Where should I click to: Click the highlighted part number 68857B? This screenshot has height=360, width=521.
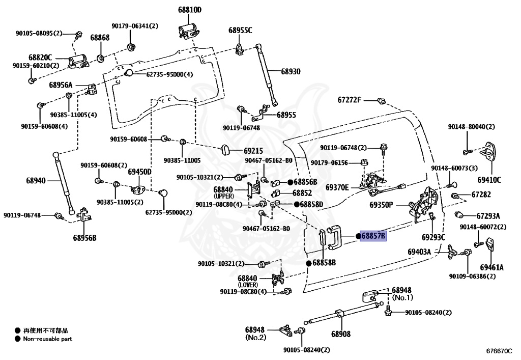tap(373, 236)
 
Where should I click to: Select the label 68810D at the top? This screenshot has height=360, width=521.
tap(190, 10)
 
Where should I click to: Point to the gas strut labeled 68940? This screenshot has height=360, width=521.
tap(64, 183)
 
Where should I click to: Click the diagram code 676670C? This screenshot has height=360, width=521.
tap(499, 351)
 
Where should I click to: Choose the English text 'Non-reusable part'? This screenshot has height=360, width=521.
tap(47, 339)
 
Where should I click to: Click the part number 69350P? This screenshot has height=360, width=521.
tap(381, 205)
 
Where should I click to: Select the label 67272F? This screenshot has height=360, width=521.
tap(349, 100)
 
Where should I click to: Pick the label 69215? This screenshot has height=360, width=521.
tap(253, 151)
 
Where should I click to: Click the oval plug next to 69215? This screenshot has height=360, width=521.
tap(225, 150)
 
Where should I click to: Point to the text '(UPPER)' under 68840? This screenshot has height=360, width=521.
tap(224, 196)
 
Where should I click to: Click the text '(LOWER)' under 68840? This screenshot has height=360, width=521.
tap(248, 285)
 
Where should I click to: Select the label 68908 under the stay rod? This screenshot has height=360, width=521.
tap(341, 334)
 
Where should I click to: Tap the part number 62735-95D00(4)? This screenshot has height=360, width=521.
tap(169, 74)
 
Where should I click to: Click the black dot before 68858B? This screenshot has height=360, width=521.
tap(309, 263)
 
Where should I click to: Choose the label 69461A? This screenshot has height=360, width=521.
tap(491, 267)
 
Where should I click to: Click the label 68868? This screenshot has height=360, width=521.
tap(100, 38)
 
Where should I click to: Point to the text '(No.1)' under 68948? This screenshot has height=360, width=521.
tap(402, 297)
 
